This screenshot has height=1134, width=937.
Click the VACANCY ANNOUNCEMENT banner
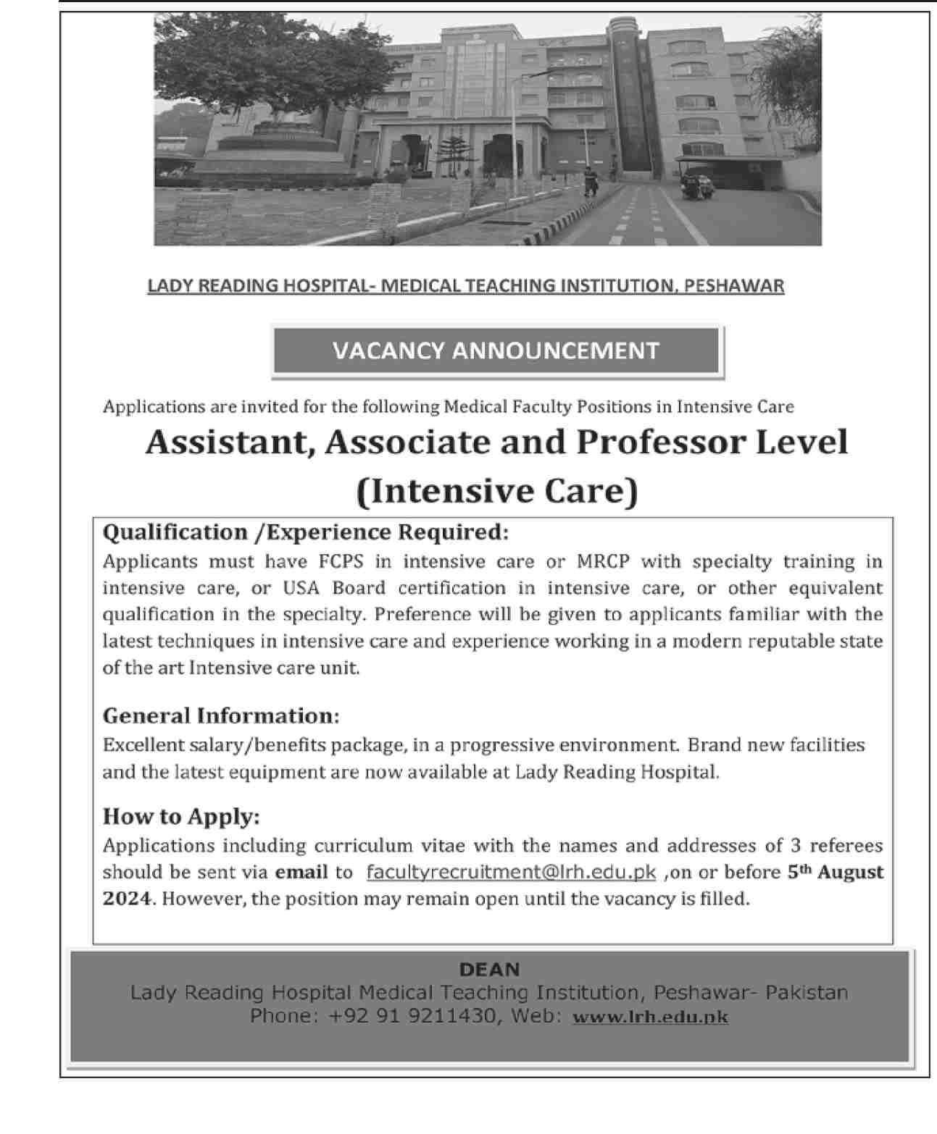coord(496,351)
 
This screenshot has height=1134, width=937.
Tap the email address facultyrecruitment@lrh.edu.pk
coord(511,873)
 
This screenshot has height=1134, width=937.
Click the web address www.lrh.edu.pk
coord(650,1017)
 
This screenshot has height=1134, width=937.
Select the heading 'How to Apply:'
coord(181,817)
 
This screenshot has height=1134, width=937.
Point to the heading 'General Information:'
coord(221,716)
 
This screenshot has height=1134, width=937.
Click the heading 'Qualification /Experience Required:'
coord(306,533)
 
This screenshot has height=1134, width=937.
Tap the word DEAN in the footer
coord(490,970)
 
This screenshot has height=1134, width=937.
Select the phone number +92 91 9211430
coord(412,1016)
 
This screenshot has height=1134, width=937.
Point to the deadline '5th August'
coord(836,872)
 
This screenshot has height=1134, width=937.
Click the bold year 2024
coord(128,899)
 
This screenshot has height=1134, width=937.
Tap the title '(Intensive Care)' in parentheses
coord(497,491)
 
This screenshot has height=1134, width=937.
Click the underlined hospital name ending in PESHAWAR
coord(465,286)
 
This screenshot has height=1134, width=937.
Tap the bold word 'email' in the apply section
coord(301,873)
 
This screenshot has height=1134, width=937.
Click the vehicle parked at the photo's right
coord(696,182)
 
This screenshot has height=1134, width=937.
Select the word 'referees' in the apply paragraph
coord(846,846)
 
